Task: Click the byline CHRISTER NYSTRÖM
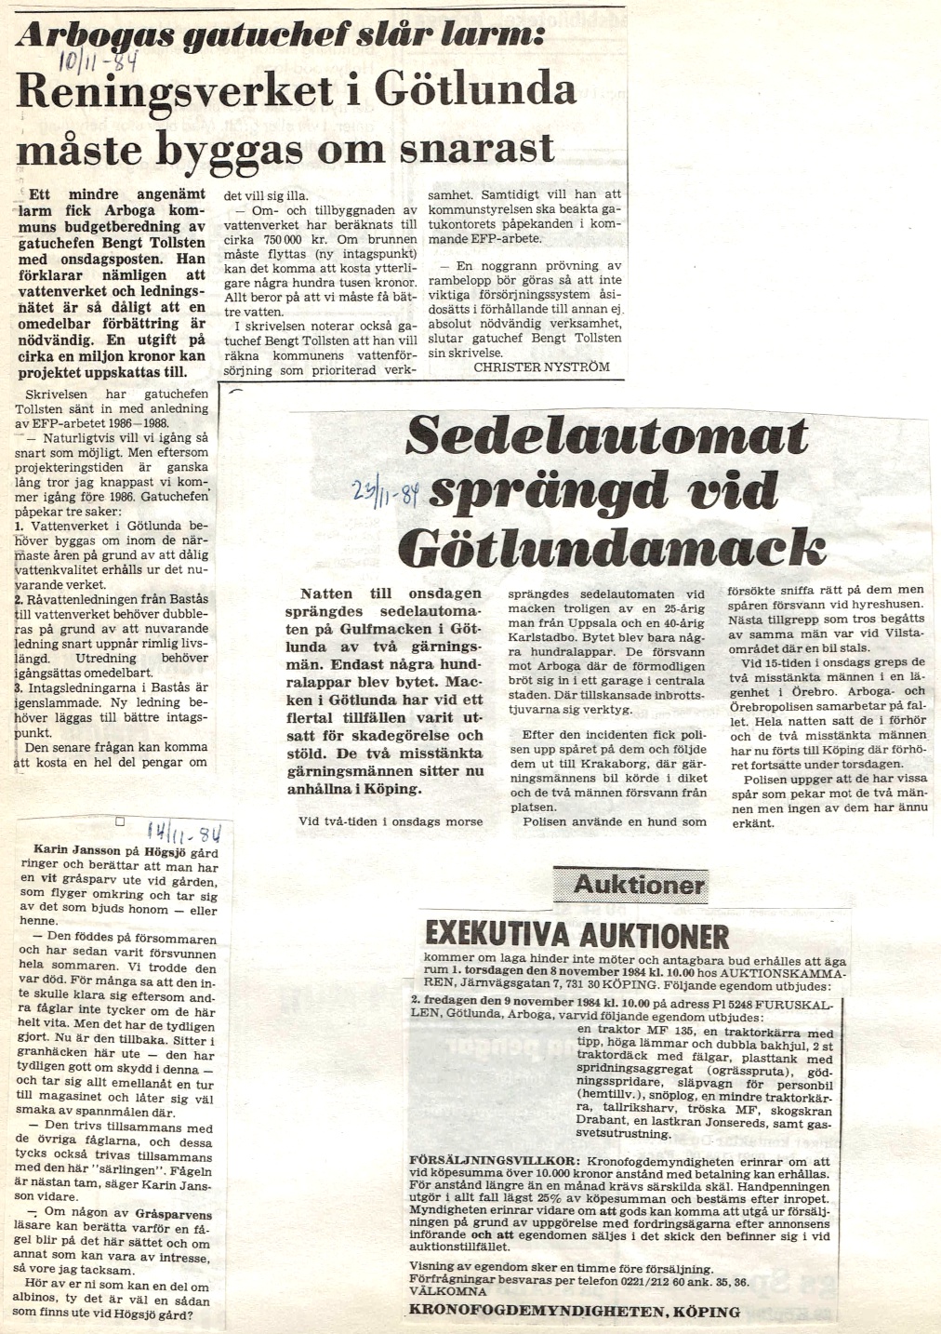[541, 367]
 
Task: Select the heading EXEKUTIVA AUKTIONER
[577, 934]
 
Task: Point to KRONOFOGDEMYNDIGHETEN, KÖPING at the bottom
[575, 1313]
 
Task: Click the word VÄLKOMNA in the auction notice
[448, 1292]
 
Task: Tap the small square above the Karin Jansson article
[120, 822]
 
